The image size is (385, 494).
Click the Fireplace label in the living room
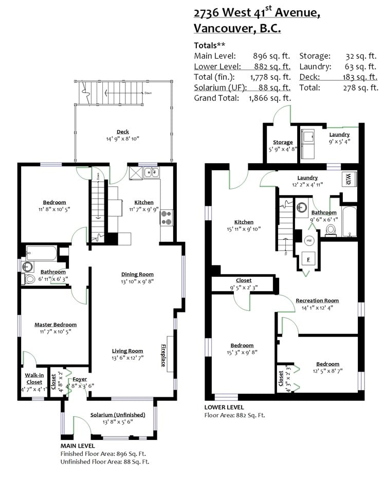[163, 356]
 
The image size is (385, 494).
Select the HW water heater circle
[309, 241]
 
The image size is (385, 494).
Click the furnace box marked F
[308, 259]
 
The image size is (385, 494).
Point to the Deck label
[123, 132]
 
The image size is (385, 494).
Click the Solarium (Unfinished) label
[118, 415]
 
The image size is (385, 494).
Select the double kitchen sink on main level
[152, 173]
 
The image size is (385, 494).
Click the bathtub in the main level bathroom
[42, 253]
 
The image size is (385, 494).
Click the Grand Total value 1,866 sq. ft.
[270, 98]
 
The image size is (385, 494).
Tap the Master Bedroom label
[56, 325]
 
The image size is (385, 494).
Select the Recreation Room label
[317, 301]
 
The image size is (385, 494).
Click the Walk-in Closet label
[34, 379]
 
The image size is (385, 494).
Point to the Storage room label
[283, 143]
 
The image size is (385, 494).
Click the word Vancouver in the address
[223, 28]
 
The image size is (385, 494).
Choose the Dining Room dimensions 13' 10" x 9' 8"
[137, 281]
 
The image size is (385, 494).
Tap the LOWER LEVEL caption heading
[224, 407]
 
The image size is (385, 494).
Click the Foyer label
[80, 379]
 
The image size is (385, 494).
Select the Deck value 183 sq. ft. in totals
[360, 77]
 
